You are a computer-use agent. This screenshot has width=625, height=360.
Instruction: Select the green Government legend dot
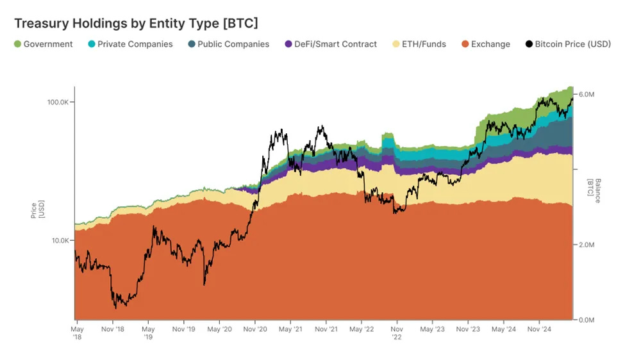tap(17, 44)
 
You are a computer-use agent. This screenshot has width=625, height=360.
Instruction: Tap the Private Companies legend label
tap(135, 44)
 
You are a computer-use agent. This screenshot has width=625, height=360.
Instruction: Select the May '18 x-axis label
tap(76, 333)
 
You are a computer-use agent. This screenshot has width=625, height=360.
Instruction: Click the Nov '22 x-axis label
tap(396, 333)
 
